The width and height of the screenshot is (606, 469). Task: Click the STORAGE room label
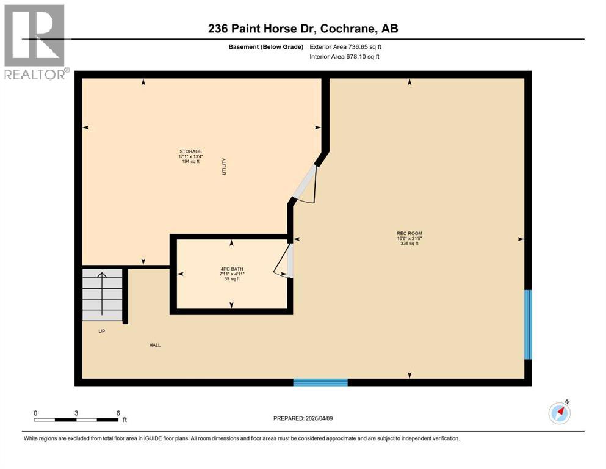[190, 151]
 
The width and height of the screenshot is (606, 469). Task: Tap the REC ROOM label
[409, 233]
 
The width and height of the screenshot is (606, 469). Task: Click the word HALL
[155, 345]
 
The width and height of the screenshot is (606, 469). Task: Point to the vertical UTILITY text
[224, 167]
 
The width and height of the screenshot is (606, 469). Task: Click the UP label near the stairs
[102, 331]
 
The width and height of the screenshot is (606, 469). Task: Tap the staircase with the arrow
[102, 293]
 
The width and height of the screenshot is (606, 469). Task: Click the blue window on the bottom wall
[320, 382]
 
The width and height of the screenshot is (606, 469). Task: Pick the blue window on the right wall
[528, 324]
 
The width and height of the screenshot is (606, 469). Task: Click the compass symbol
[559, 413]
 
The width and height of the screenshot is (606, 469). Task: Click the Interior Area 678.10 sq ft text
[345, 57]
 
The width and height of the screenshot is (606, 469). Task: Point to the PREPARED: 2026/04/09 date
[303, 418]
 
